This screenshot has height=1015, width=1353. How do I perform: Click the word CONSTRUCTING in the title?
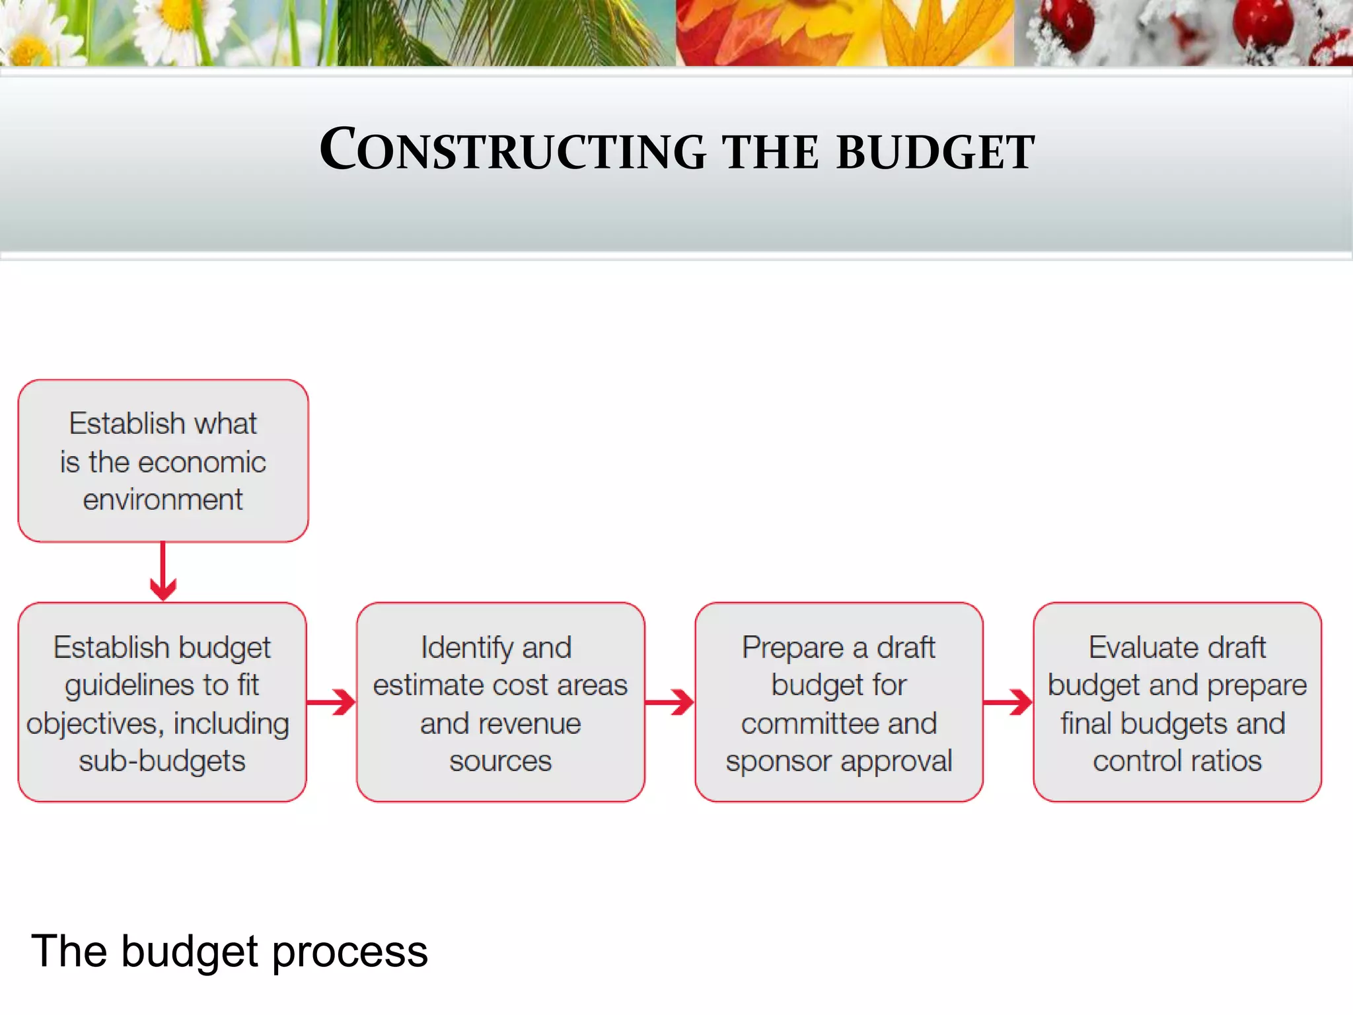513,151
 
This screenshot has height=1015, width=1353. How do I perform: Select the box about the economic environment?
163,461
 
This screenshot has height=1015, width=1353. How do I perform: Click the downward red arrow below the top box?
163,572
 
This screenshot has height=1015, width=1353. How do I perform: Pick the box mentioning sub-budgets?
162,702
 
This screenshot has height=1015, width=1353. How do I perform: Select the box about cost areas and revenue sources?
500,702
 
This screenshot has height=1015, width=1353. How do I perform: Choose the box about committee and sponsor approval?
838,702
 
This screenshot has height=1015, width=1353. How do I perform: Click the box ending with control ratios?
1177,702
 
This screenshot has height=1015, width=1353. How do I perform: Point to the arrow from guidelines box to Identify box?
332,702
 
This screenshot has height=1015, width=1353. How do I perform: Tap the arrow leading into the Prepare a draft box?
670,702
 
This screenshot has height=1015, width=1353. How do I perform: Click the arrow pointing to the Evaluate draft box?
1008,702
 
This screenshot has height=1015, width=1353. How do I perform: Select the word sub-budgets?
162,761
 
